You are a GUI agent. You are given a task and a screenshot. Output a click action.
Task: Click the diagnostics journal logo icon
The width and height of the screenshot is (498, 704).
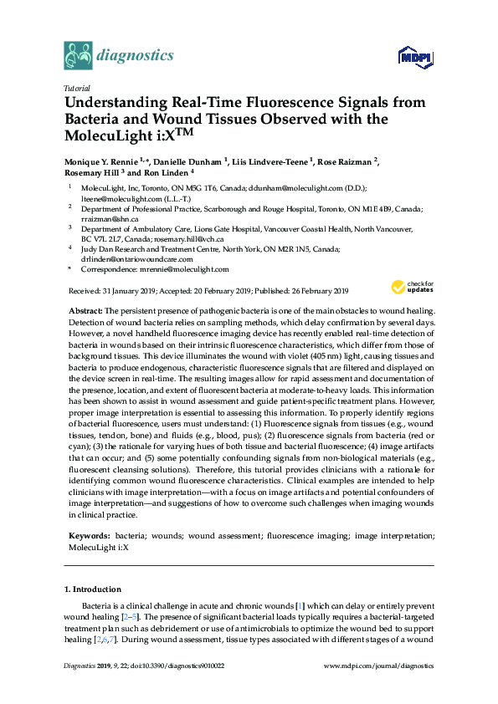(77, 55)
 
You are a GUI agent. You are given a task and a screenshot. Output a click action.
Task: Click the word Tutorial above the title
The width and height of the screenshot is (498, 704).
(77, 88)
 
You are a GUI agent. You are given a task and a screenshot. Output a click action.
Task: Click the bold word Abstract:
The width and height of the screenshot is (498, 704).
(86, 310)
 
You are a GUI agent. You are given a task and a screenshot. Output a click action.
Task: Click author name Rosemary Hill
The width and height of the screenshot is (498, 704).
(91, 171)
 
